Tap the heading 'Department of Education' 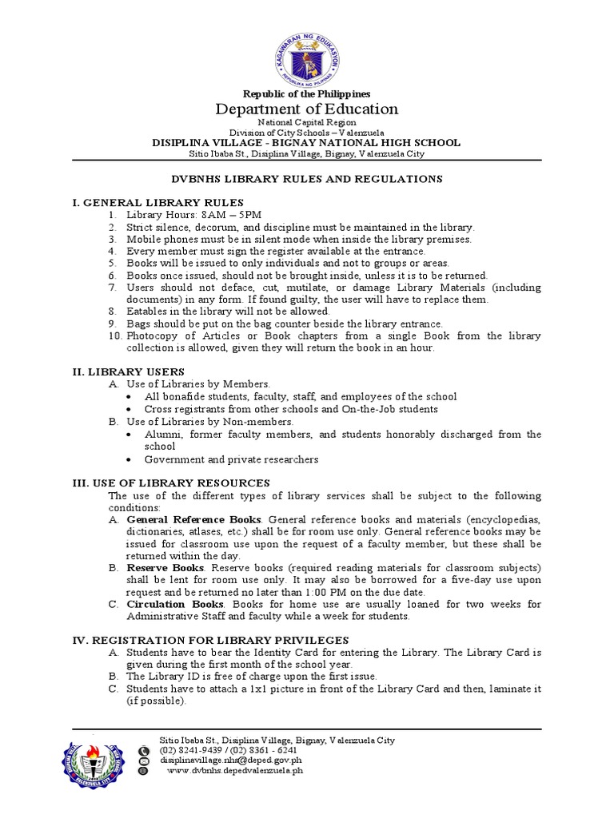[x=307, y=109]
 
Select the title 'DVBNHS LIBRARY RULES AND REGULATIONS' [x=307, y=179]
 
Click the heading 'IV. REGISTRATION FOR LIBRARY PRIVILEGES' [x=210, y=641]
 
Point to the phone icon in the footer [x=144, y=752]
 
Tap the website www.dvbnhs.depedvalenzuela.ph [x=234, y=772]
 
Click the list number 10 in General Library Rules [x=114, y=336]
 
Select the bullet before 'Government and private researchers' [x=131, y=460]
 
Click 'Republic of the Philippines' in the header [x=307, y=94]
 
